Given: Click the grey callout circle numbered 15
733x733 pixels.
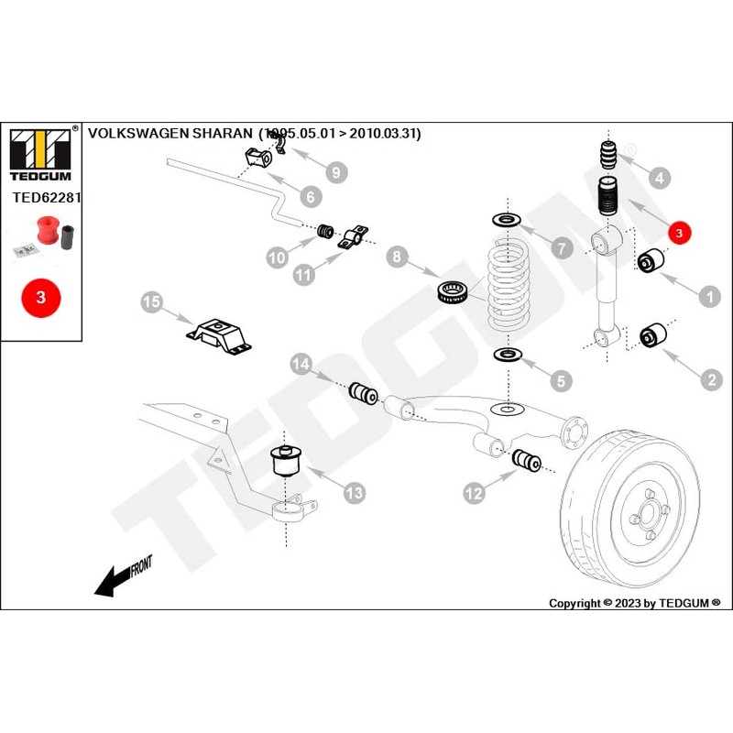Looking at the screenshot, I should [152, 302].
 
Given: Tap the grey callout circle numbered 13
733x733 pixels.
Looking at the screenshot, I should [354, 493].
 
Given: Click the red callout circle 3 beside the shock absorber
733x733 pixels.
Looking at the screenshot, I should [678, 233].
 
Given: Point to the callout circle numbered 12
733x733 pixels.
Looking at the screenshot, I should [474, 494].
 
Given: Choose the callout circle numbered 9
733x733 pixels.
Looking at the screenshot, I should [334, 171].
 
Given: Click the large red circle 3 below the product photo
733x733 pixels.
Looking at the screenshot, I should [40, 297].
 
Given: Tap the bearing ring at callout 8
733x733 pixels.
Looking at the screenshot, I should [455, 293].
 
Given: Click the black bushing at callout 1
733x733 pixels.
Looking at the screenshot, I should [650, 260].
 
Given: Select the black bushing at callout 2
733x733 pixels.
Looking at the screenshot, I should [651, 336].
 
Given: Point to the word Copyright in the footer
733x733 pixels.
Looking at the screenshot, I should [574, 603].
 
